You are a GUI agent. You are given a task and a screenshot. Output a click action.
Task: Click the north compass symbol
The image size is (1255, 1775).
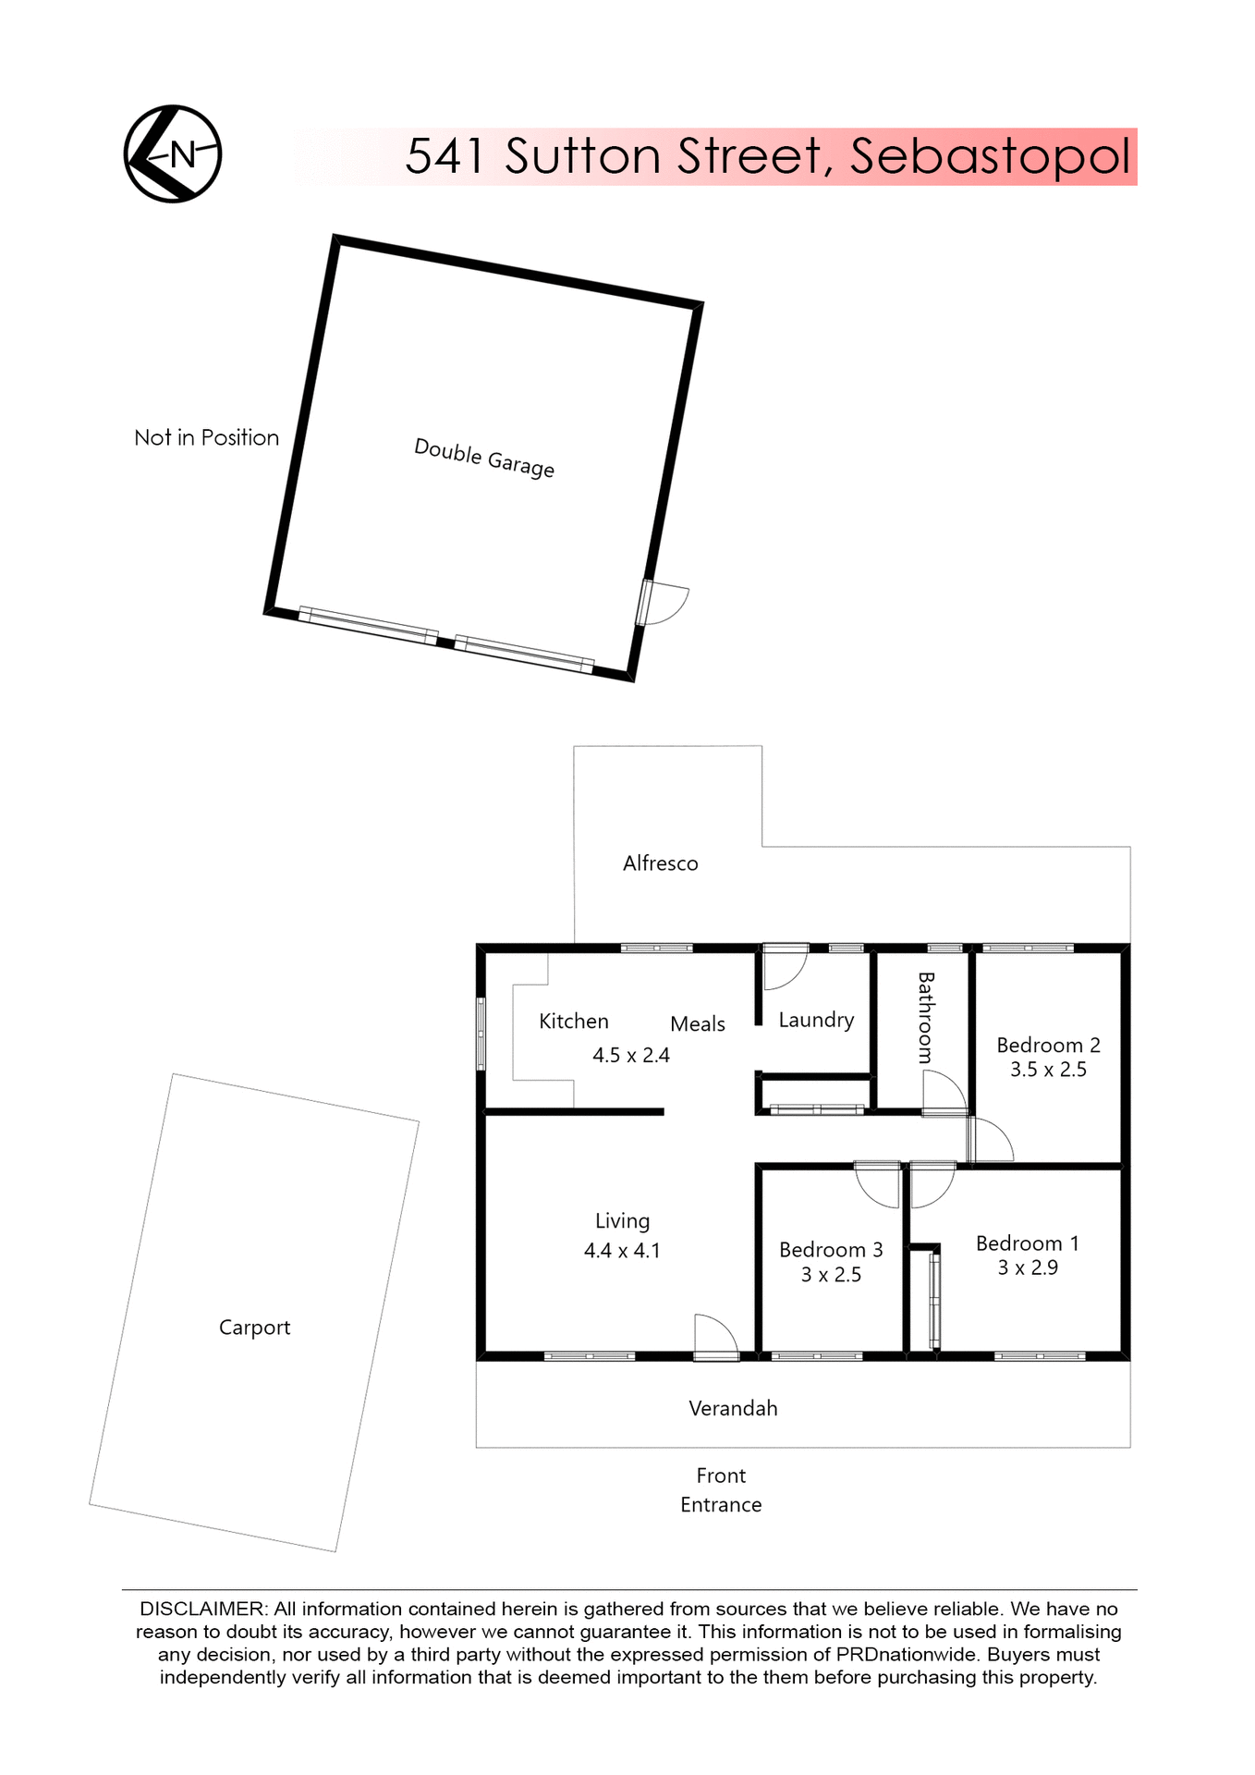click(x=173, y=153)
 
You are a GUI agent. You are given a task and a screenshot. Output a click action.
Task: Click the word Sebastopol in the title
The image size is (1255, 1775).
click(x=990, y=156)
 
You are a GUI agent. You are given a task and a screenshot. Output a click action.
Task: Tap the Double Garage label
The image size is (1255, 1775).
click(x=483, y=458)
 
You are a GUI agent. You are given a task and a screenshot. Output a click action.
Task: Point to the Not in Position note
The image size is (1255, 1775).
click(x=206, y=437)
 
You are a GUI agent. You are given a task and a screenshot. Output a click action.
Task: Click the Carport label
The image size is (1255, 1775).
click(x=254, y=1328)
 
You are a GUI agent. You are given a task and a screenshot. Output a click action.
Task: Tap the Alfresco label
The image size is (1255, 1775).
click(x=660, y=863)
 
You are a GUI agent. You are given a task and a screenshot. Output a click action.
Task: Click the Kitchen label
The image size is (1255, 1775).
click(x=573, y=1021)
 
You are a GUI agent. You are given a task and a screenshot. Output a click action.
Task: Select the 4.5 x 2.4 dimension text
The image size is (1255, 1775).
click(x=630, y=1055)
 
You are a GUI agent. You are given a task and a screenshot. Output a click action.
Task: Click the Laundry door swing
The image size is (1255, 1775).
click(x=784, y=968)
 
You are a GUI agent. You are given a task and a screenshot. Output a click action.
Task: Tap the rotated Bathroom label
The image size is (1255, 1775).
click(x=925, y=1017)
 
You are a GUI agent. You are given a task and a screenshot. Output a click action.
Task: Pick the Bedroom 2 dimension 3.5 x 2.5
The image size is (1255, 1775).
click(x=1048, y=1070)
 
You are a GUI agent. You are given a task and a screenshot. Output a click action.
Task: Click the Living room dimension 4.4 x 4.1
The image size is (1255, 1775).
click(x=622, y=1251)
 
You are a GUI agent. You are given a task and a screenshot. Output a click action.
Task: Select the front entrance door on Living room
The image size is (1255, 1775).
click(x=716, y=1338)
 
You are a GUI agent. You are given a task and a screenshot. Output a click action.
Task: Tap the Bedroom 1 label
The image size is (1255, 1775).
click(x=1027, y=1243)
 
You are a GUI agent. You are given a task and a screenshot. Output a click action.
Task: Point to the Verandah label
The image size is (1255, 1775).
click(x=733, y=1408)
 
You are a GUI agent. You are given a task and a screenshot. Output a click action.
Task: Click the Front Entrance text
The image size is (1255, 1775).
click(x=721, y=1489)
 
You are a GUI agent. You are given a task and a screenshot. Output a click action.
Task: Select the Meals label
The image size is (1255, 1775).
click(x=697, y=1023)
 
